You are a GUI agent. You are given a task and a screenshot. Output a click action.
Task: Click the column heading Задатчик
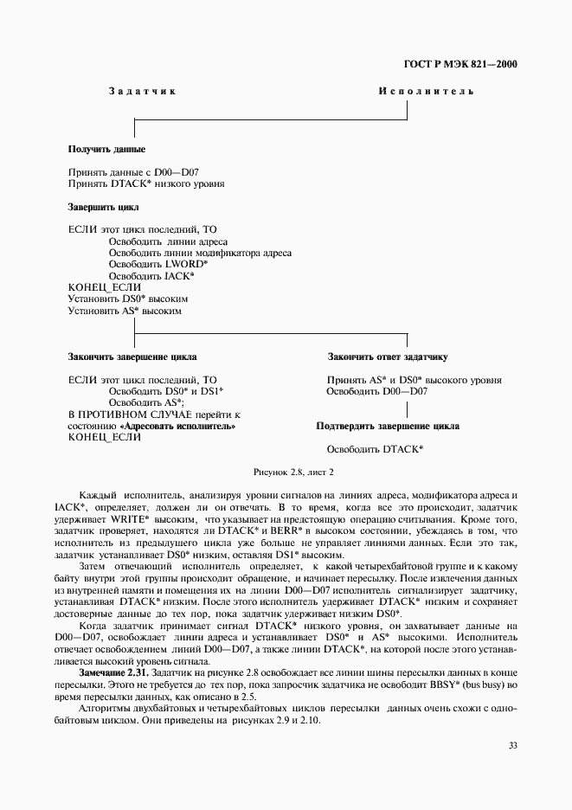[x=144, y=92]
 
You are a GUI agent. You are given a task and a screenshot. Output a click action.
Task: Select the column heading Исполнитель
[x=426, y=92]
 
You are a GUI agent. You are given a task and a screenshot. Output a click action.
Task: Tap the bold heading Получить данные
[x=106, y=150]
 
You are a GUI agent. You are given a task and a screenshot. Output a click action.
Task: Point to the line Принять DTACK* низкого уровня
[x=145, y=183]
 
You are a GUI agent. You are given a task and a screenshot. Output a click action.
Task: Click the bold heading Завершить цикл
[x=103, y=208]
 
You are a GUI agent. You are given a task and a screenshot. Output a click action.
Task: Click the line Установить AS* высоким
[x=125, y=310]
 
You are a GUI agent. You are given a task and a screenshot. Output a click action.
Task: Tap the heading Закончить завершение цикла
[x=132, y=357]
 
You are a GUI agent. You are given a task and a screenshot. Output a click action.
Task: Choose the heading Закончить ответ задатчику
[x=387, y=357]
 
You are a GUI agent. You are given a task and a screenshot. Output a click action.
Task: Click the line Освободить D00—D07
[x=376, y=391]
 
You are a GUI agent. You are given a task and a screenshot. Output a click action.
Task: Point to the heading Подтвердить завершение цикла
[x=388, y=426]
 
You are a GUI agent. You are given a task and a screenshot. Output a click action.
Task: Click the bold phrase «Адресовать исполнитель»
[x=179, y=427]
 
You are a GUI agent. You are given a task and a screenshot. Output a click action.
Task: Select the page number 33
[x=511, y=744]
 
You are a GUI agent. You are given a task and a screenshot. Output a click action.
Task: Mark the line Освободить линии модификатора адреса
[x=200, y=253]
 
